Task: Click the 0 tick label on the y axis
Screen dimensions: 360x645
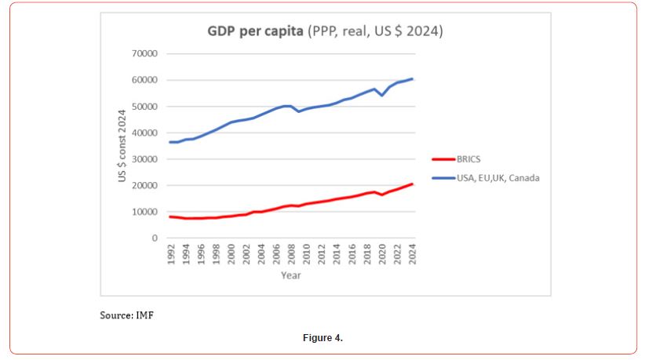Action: pyautogui.click(x=155, y=238)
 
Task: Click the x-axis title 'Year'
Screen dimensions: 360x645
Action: pyautogui.click(x=290, y=275)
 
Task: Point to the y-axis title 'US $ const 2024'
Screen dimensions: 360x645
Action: pyautogui.click(x=122, y=147)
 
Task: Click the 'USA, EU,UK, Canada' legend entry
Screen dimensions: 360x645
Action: pyautogui.click(x=499, y=177)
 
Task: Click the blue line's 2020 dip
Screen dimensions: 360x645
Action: pyautogui.click(x=382, y=95)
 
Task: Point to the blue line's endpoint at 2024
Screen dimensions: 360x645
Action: pyautogui.click(x=412, y=79)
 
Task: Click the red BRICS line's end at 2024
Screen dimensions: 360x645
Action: pyautogui.click(x=412, y=184)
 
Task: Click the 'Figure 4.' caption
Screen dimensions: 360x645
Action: pyautogui.click(x=322, y=338)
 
